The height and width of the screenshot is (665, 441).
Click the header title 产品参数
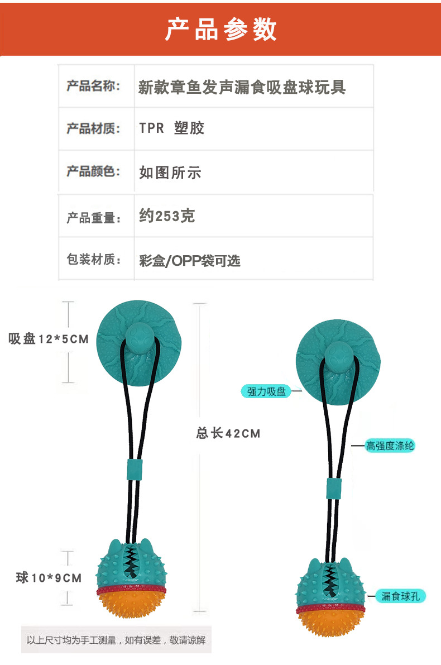(220, 29)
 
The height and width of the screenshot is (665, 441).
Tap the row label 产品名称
(93, 86)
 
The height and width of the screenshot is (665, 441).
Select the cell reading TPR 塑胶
(172, 128)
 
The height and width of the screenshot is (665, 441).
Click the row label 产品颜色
(93, 171)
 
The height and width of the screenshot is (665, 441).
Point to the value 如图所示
(170, 172)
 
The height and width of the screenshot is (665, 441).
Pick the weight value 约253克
(167, 216)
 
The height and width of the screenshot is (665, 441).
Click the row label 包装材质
(93, 259)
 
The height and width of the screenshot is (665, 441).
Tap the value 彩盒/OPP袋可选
(189, 260)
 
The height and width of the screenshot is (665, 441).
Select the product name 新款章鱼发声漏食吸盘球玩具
(242, 87)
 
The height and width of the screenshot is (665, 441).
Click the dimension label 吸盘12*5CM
(49, 338)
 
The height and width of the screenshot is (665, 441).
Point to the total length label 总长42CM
(228, 433)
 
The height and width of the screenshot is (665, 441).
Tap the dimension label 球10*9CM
(49, 578)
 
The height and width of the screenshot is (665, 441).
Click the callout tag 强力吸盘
(266, 391)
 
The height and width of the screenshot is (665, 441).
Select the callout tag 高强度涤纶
(390, 446)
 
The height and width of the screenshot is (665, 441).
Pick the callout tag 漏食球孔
(400, 596)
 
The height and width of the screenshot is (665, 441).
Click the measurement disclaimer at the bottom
(116, 640)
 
